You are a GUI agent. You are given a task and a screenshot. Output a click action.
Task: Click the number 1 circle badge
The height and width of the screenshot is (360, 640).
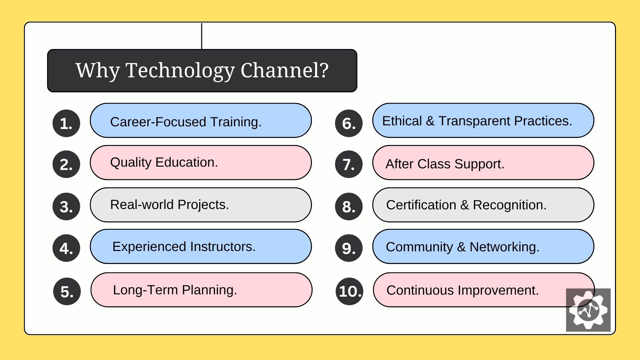pyautogui.click(x=66, y=123)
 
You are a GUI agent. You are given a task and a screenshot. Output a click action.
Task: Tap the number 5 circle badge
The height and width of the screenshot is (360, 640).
pyautogui.click(x=67, y=291)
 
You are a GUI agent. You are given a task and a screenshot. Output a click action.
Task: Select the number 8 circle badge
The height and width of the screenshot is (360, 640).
pyautogui.click(x=349, y=206)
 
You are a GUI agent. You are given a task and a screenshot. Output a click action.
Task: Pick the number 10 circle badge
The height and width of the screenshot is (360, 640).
pyautogui.click(x=349, y=291)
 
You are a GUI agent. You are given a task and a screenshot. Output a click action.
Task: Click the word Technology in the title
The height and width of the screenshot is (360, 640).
pyautogui.click(x=180, y=71)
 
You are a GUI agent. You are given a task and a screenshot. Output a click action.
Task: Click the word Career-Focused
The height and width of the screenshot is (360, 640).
pyautogui.click(x=158, y=122)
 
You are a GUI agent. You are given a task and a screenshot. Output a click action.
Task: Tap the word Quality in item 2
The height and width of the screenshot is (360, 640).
pyautogui.click(x=131, y=163)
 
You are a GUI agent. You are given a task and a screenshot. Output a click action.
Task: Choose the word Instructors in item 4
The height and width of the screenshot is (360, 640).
pyautogui.click(x=223, y=247)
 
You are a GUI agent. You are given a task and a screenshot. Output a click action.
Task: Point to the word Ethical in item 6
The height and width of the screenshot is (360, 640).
pyautogui.click(x=402, y=121)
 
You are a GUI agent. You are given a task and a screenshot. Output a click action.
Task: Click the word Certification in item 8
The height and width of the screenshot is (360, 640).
pyautogui.click(x=421, y=205)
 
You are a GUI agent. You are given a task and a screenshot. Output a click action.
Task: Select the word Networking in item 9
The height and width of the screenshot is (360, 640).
pyautogui.click(x=505, y=247)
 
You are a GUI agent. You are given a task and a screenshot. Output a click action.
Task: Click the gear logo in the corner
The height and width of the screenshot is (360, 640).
pyautogui.click(x=588, y=310)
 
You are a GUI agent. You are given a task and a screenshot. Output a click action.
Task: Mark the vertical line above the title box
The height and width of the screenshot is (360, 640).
pyautogui.click(x=202, y=36)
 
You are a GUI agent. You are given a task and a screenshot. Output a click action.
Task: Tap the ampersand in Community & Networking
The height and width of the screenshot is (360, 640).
pyautogui.click(x=461, y=247)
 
